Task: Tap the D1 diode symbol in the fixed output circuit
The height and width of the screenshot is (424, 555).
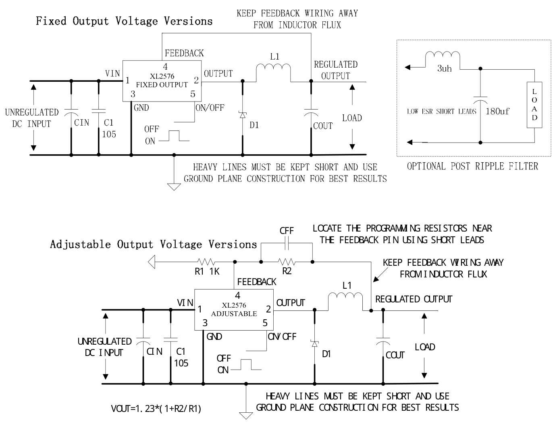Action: click(x=243, y=115)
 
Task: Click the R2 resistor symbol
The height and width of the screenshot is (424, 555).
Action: click(x=287, y=262)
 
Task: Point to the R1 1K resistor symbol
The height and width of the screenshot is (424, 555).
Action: click(x=206, y=262)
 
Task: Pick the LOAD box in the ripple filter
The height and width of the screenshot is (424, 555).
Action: click(x=534, y=105)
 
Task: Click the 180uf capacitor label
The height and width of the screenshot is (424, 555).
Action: click(x=497, y=112)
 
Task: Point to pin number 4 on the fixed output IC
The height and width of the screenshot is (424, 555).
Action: click(x=165, y=67)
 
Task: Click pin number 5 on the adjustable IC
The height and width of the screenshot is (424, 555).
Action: click(x=265, y=323)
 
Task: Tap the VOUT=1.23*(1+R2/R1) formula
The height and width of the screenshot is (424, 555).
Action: click(x=156, y=409)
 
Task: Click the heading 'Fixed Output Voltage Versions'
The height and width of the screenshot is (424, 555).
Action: click(x=124, y=21)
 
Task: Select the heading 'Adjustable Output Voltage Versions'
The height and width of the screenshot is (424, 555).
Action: click(x=153, y=244)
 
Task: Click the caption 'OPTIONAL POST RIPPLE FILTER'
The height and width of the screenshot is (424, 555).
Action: click(x=472, y=166)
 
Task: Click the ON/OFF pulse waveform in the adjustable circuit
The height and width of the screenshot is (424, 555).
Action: click(x=245, y=365)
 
